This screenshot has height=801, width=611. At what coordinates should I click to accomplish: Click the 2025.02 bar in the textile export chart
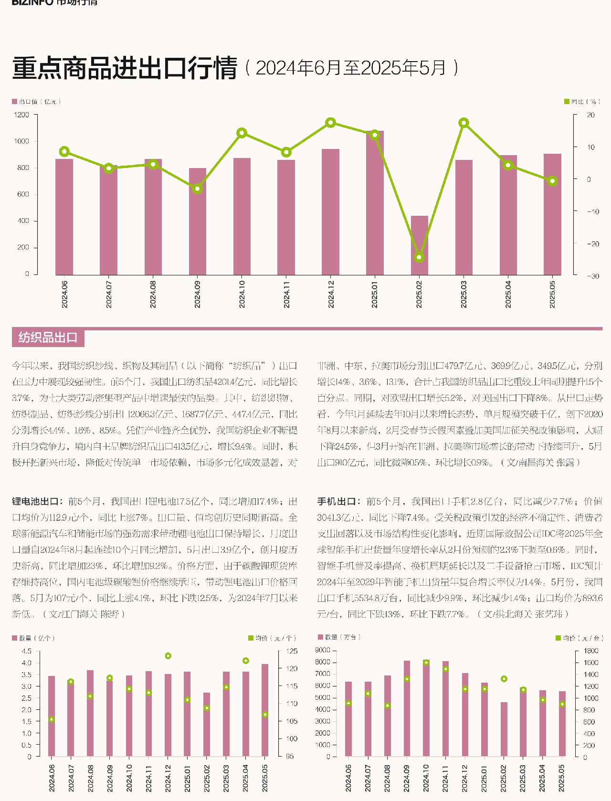[x=420, y=245]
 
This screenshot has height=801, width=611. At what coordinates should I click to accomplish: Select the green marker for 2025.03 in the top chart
[x=464, y=123]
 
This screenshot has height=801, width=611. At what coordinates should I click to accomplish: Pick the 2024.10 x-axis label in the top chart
[x=242, y=295]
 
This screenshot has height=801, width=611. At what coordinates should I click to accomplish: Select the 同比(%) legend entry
[x=580, y=102]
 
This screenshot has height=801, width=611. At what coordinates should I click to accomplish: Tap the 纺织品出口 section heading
[x=48, y=337]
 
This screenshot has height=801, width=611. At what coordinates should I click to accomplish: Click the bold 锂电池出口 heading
[x=37, y=502]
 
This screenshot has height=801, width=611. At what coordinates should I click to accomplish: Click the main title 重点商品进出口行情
[x=125, y=68]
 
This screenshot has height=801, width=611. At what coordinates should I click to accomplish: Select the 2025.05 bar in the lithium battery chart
[x=265, y=710]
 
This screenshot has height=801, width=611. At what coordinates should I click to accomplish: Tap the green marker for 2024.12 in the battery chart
[x=168, y=656]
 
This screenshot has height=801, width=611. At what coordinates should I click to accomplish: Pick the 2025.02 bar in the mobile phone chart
[x=504, y=729]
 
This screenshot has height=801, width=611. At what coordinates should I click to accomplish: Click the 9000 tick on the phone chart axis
[x=322, y=650]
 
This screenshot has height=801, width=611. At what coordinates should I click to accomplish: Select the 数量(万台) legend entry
[x=339, y=637]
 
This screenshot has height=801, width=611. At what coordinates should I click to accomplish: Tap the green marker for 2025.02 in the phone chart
[x=504, y=679]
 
